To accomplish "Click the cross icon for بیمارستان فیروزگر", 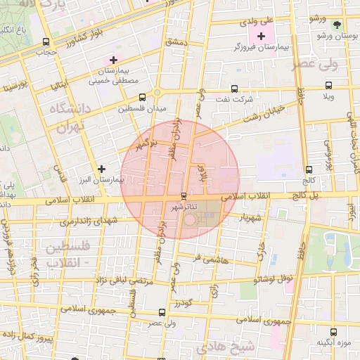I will (261, 36).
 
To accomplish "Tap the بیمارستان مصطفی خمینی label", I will (112, 76).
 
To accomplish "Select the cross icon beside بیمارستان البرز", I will (103, 169).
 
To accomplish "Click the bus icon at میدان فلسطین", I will (143, 98).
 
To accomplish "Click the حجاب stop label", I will (46, 52).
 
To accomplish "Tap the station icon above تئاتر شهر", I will (184, 195).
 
